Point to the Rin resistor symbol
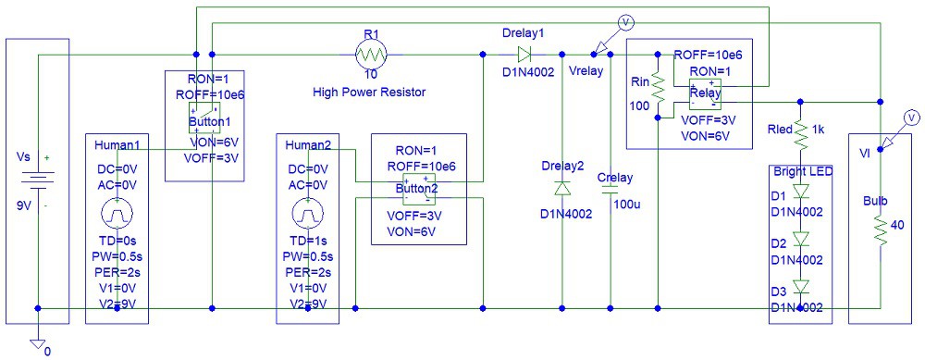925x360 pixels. point(658,90)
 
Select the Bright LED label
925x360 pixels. point(801,171)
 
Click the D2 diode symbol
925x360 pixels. point(801,238)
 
